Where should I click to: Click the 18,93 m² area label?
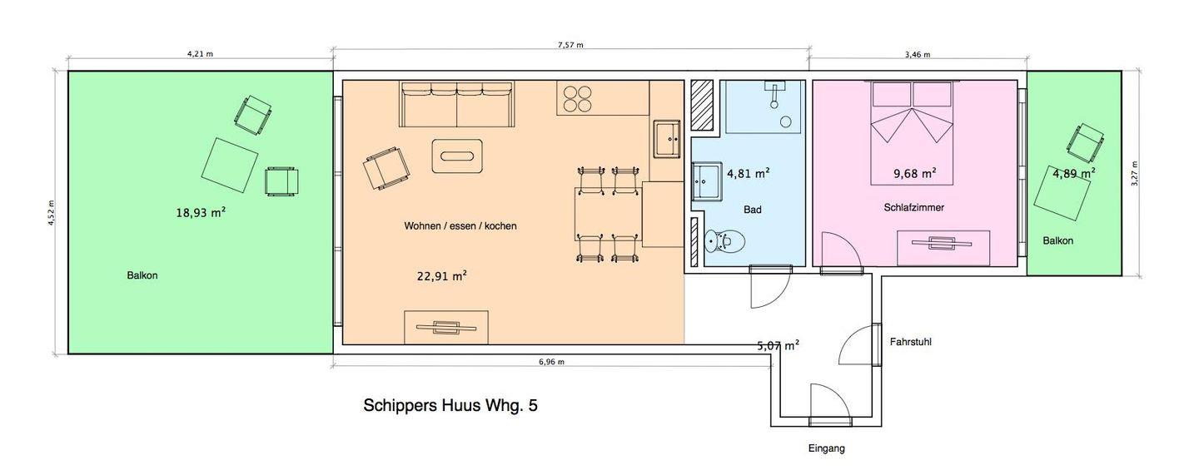point(201,212)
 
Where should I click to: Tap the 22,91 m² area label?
point(441,276)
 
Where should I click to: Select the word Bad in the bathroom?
point(752,210)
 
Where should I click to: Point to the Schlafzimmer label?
point(913,207)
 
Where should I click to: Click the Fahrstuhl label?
point(911,341)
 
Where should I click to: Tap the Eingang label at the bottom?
point(827,448)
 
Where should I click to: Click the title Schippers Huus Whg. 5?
point(450,405)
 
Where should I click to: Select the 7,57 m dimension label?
point(570,45)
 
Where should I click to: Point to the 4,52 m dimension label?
point(51,213)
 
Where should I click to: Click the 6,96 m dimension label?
point(551,362)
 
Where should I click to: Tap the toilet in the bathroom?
point(725,242)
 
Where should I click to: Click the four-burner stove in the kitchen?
point(578,100)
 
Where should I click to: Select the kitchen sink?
point(667,139)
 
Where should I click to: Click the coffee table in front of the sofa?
point(457,156)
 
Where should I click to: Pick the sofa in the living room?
point(457,104)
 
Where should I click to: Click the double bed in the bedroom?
point(912,132)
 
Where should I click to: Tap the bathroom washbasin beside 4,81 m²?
point(706,181)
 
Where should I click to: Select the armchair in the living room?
point(386,167)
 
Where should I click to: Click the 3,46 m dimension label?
point(918,55)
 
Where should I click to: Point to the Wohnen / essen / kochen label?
point(460,225)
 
